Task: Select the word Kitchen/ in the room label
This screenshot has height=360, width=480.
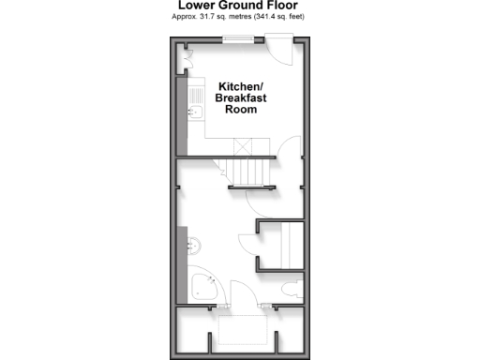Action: pyautogui.click(x=240, y=83)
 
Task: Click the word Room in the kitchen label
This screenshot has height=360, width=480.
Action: pyautogui.click(x=240, y=109)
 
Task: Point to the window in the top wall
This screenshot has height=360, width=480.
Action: pyautogui.click(x=240, y=38)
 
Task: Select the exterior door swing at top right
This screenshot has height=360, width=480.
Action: pyautogui.click(x=278, y=48)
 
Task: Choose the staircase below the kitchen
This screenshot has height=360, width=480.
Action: pyautogui.click(x=249, y=172)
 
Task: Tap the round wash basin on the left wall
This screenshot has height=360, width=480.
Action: pyautogui.click(x=194, y=246)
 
